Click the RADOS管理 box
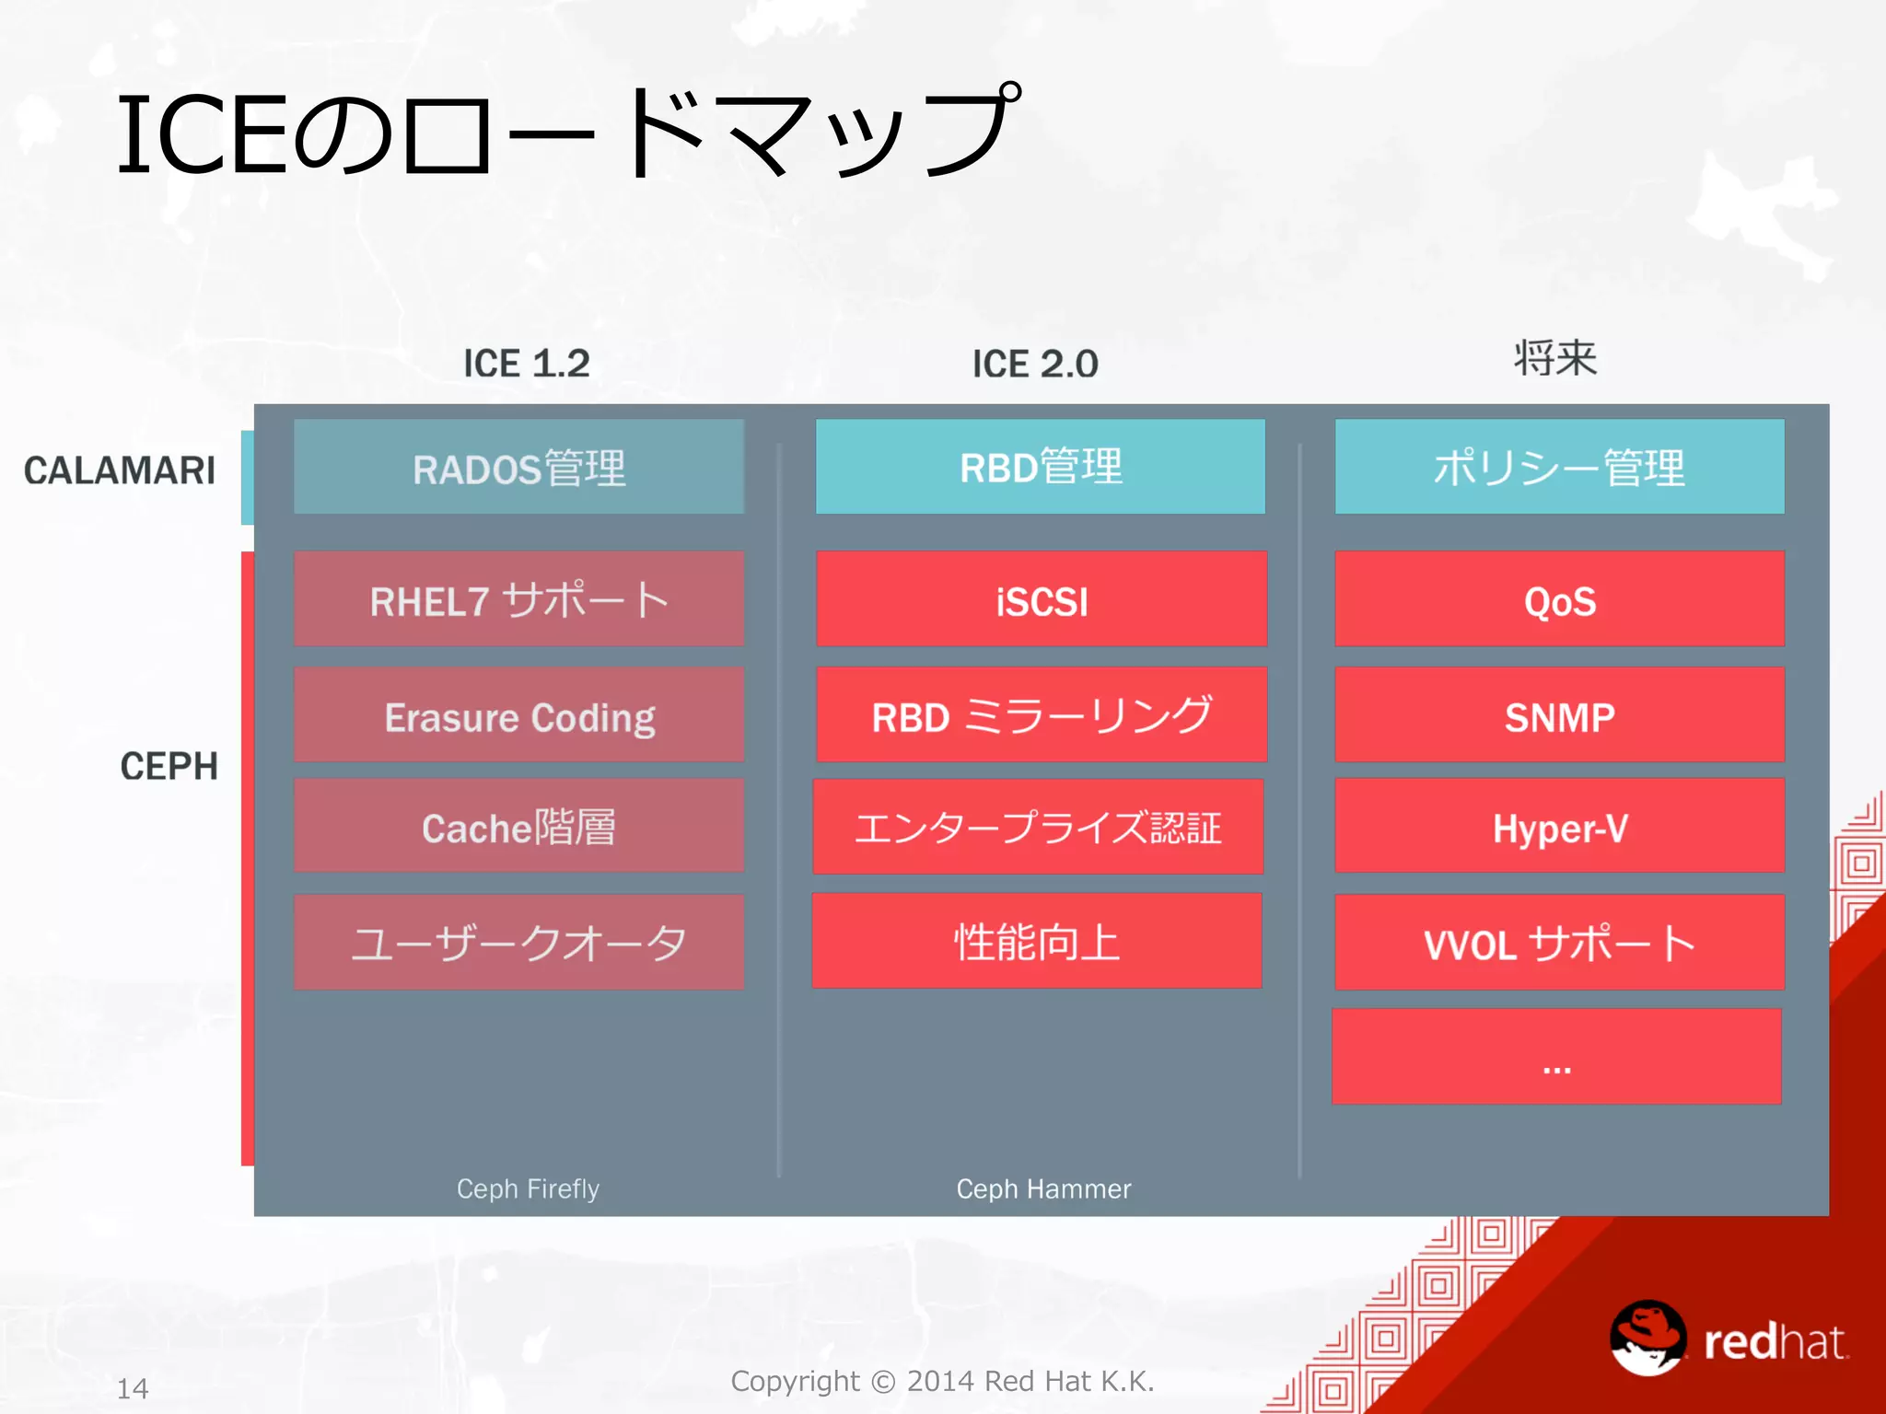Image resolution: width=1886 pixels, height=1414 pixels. [518, 467]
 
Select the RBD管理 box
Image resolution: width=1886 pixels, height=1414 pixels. [1041, 467]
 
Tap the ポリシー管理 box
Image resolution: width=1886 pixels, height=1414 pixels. [1559, 467]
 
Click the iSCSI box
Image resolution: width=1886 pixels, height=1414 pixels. [1042, 599]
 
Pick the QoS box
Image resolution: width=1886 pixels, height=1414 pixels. [1559, 599]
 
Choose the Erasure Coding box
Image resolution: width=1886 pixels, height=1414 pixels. [518, 715]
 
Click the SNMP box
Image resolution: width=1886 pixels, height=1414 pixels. [1559, 715]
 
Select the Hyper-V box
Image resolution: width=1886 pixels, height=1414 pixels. [1559, 826]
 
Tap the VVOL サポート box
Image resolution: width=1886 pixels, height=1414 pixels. [1559, 943]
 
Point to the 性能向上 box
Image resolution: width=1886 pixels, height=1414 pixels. [1037, 941]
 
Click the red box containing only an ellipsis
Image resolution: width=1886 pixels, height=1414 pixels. [1556, 1057]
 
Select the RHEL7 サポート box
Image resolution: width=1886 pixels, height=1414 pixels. [518, 599]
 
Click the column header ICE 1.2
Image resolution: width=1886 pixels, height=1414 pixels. [526, 364]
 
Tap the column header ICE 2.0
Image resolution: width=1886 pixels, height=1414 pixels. [1035, 364]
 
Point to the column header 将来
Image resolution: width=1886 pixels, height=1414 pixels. [1555, 358]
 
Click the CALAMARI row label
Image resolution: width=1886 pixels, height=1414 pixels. [120, 470]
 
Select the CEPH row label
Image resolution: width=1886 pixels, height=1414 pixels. [169, 766]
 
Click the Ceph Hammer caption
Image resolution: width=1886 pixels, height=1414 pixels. [1043, 1188]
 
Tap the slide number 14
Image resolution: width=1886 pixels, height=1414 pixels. [133, 1388]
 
